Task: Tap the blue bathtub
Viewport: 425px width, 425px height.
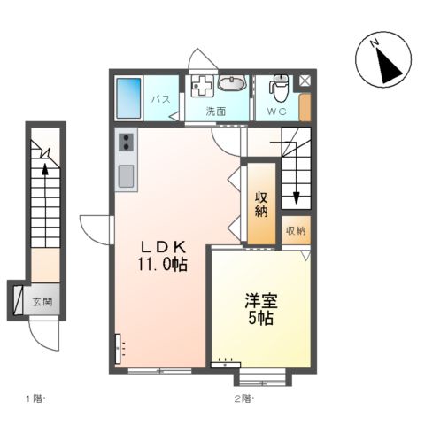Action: [x=129, y=97]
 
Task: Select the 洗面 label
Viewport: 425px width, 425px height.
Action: [x=216, y=112]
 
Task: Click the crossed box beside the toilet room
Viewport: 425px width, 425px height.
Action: [x=305, y=80]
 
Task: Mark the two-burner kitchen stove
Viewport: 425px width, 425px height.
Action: [x=125, y=143]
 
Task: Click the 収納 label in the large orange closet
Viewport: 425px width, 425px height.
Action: [x=261, y=205]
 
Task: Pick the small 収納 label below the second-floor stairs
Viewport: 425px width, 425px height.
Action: [x=295, y=231]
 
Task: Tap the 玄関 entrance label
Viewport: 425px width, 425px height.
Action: [x=41, y=301]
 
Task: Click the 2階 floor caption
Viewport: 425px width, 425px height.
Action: [x=244, y=398]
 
